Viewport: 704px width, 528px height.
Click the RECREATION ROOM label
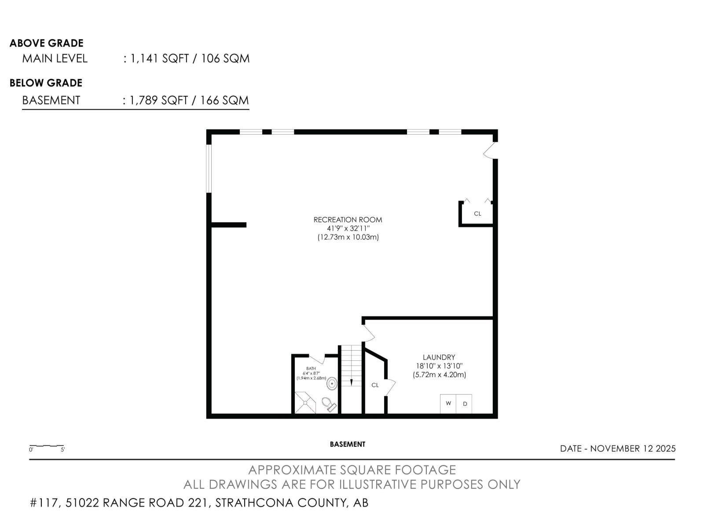tap(348, 220)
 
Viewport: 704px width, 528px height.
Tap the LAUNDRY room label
tap(439, 357)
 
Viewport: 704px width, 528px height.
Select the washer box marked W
tap(448, 403)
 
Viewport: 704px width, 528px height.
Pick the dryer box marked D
tap(464, 403)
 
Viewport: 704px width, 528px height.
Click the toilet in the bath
tap(328, 403)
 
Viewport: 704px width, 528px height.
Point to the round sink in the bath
tap(332, 384)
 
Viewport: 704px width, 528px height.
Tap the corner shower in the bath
tap(304, 403)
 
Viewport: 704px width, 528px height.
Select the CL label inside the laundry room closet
tap(375, 385)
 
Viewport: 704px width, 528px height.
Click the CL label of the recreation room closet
tap(477, 214)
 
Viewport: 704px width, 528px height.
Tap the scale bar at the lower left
tap(47, 447)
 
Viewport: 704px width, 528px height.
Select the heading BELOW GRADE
tap(46, 83)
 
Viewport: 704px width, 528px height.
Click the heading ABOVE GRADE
tap(47, 43)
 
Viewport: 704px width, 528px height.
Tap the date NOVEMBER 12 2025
tap(632, 448)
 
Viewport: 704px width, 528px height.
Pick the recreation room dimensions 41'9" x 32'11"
tap(348, 228)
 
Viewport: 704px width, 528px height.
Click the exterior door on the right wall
tap(491, 150)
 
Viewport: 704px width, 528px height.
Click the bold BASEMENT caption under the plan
tap(348, 444)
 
